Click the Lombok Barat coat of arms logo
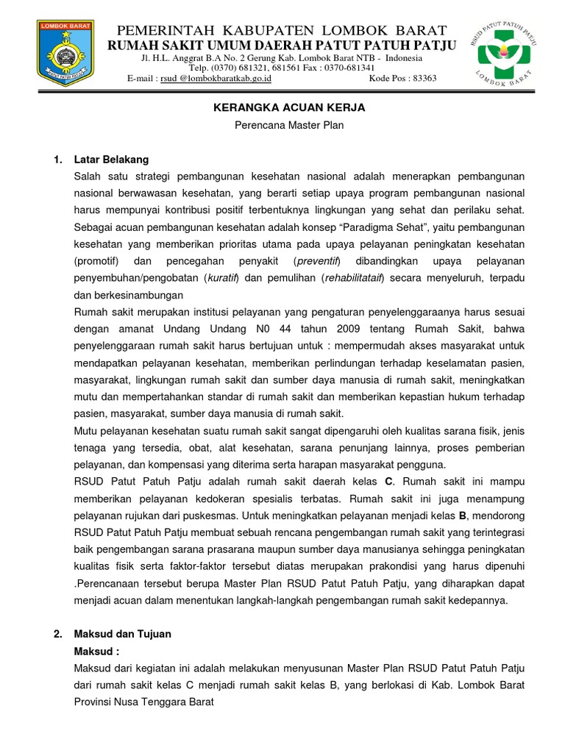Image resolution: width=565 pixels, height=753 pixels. pos(66,51)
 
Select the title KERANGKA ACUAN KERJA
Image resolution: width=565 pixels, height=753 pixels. pos(289,107)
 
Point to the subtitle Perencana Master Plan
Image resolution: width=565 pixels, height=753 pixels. pos(289,125)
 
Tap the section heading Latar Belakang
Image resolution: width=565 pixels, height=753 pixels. pos(111,159)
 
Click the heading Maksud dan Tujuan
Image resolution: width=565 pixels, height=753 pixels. pos(122,633)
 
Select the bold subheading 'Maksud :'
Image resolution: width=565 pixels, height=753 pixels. pos(96,651)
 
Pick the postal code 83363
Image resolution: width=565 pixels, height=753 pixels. pos(423,78)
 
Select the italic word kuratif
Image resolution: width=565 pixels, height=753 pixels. pos(218,278)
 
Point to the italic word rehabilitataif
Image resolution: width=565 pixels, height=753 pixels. pos(352,278)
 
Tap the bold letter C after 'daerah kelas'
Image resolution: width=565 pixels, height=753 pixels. pos(389,481)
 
